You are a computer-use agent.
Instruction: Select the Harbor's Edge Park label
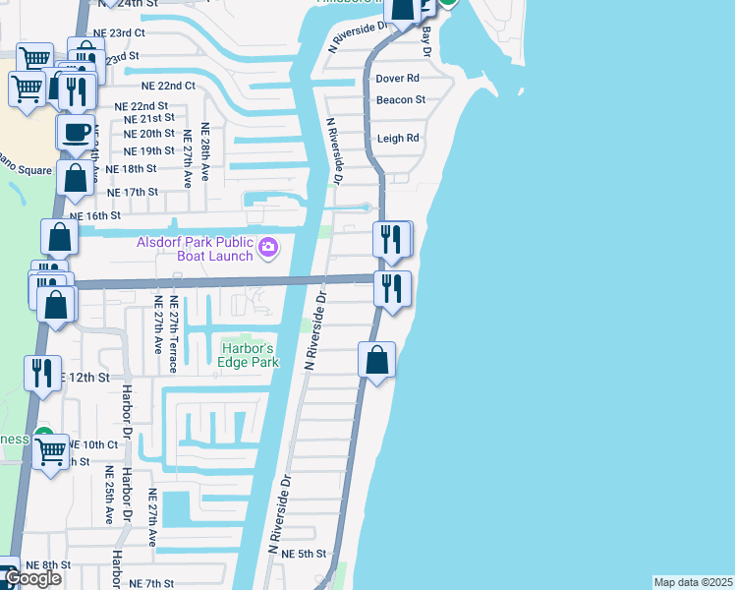(x=249, y=355)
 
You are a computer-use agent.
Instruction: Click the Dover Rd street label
(x=398, y=78)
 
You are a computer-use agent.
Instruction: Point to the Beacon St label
(x=401, y=99)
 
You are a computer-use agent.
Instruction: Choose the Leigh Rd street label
(x=398, y=139)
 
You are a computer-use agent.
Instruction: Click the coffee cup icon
(x=75, y=133)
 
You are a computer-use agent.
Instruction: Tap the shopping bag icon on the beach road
(x=376, y=360)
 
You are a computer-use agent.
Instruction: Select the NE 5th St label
(x=303, y=555)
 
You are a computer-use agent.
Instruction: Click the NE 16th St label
(x=94, y=215)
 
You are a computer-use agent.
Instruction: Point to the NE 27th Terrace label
(x=173, y=334)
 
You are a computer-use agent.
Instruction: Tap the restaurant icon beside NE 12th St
(x=41, y=374)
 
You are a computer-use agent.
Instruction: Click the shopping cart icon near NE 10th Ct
(x=51, y=453)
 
